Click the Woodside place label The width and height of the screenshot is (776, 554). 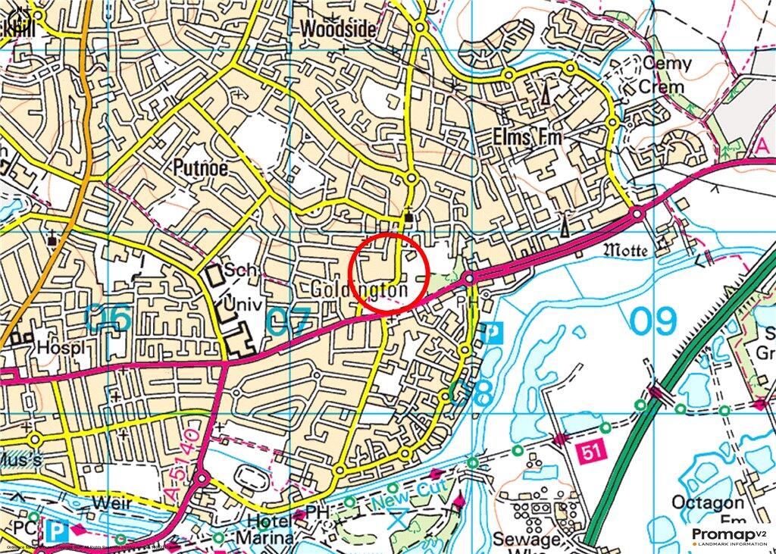click(337, 29)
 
